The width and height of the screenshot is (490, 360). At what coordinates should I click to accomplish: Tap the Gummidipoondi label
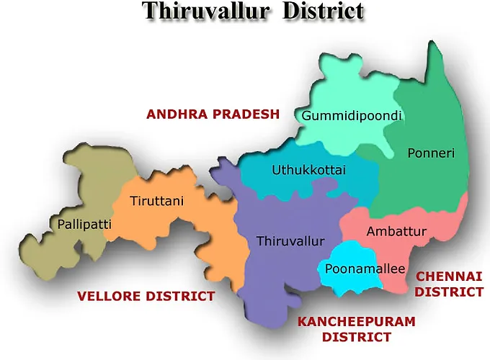coord(351,116)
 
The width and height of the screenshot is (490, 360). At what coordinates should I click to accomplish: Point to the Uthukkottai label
coord(309,171)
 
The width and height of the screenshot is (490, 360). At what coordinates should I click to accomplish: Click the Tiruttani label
coord(156,201)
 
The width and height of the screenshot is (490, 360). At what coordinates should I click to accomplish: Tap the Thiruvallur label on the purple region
coord(290,241)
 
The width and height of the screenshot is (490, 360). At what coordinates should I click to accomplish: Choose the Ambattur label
coord(396,231)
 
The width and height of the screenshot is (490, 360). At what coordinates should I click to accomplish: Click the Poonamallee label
coord(356,269)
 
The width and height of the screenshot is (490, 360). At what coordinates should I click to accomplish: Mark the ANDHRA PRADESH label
coord(212,114)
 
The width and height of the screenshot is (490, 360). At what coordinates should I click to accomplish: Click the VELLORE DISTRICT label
coord(146,296)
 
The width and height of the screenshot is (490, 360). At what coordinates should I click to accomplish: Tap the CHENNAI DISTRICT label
coord(449,284)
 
